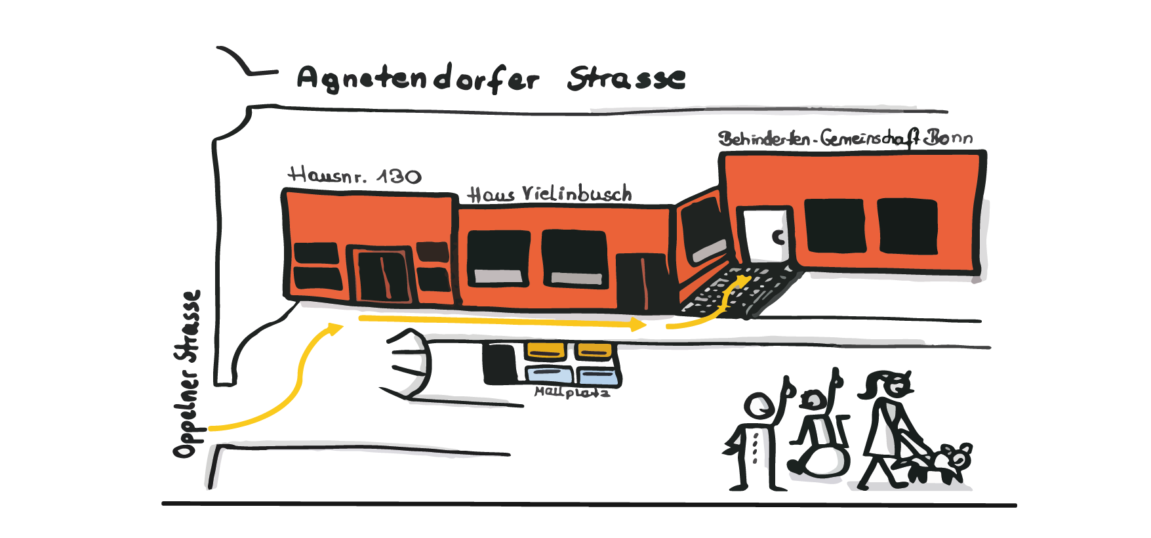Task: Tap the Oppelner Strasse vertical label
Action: (x=187, y=374)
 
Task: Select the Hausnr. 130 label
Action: (x=355, y=175)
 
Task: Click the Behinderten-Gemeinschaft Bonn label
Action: (x=845, y=138)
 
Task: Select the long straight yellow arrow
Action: (x=502, y=321)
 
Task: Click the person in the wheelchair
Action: (x=818, y=426)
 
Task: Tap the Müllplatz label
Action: (x=572, y=392)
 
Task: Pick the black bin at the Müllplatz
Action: (x=500, y=363)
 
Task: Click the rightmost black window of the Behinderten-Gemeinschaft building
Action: (x=908, y=226)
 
